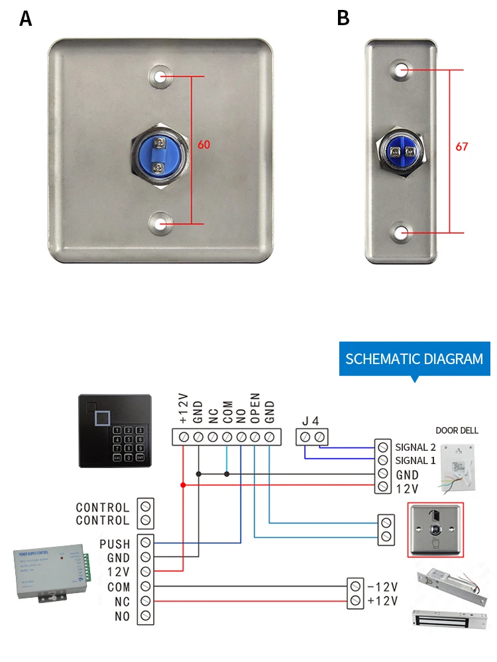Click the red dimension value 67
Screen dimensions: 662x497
pyautogui.click(x=462, y=146)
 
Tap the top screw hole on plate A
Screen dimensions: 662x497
pyautogui.click(x=160, y=76)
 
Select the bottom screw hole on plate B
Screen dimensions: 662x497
pyautogui.click(x=402, y=232)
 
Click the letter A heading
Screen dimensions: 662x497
pyautogui.click(x=25, y=19)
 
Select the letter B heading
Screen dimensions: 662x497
pyautogui.click(x=343, y=19)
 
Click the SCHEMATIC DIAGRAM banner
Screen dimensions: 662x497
pyautogui.click(x=414, y=359)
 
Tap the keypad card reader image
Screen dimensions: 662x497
pyautogui.click(x=115, y=431)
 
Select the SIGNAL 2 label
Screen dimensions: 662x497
pyautogui.click(x=415, y=447)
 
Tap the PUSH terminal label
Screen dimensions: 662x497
pyautogui.click(x=115, y=544)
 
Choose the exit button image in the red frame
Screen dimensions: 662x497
pyautogui.click(x=435, y=530)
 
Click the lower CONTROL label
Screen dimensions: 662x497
pyautogui.click(x=103, y=520)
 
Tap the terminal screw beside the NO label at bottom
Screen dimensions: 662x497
pyautogui.click(x=146, y=616)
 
